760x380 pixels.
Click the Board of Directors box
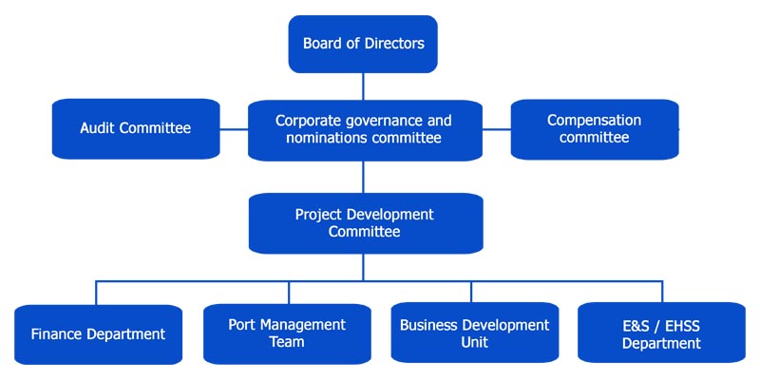363,44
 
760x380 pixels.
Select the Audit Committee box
136,129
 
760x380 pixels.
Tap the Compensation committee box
595,129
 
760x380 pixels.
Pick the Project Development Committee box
366,223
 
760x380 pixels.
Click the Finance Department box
99,334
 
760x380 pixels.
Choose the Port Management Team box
287,333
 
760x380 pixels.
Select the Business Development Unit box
474,332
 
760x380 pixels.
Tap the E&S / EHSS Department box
661,332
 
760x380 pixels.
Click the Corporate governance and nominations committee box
365,130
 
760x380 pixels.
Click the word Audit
98,128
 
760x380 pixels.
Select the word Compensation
595,121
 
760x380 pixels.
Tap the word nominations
327,138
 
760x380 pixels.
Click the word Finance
53,334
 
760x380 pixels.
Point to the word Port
241,325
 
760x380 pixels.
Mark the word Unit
474,342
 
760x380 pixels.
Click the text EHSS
681,326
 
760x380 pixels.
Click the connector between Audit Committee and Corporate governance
234,129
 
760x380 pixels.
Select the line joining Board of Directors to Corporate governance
363,86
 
